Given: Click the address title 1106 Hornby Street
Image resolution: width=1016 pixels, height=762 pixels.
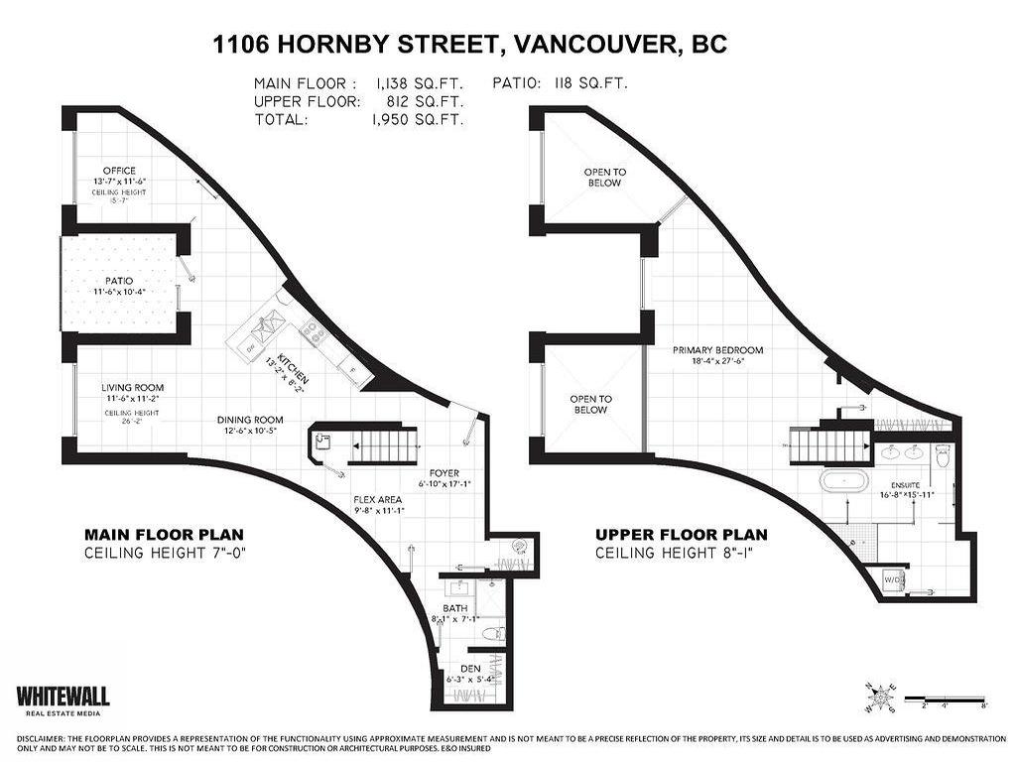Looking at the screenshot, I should pyautogui.click(x=470, y=45).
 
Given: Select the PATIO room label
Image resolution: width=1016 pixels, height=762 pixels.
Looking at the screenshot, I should pyautogui.click(x=119, y=281).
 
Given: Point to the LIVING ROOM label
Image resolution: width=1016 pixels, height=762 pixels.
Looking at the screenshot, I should pyautogui.click(x=132, y=388).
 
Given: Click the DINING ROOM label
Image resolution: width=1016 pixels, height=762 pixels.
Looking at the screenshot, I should pyautogui.click(x=250, y=420).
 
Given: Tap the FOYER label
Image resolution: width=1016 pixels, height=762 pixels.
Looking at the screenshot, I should pyautogui.click(x=444, y=473).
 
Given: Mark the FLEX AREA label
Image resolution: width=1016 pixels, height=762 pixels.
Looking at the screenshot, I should pyautogui.click(x=381, y=500).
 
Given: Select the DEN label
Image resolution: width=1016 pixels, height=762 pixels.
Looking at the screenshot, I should pyautogui.click(x=469, y=669).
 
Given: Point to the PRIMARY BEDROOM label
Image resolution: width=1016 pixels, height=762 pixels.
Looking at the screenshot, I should pyautogui.click(x=717, y=350).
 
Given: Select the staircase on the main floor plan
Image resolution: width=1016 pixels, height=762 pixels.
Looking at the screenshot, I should pyautogui.click(x=382, y=446).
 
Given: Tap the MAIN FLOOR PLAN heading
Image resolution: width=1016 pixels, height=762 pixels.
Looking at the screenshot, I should pyautogui.click(x=164, y=535).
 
